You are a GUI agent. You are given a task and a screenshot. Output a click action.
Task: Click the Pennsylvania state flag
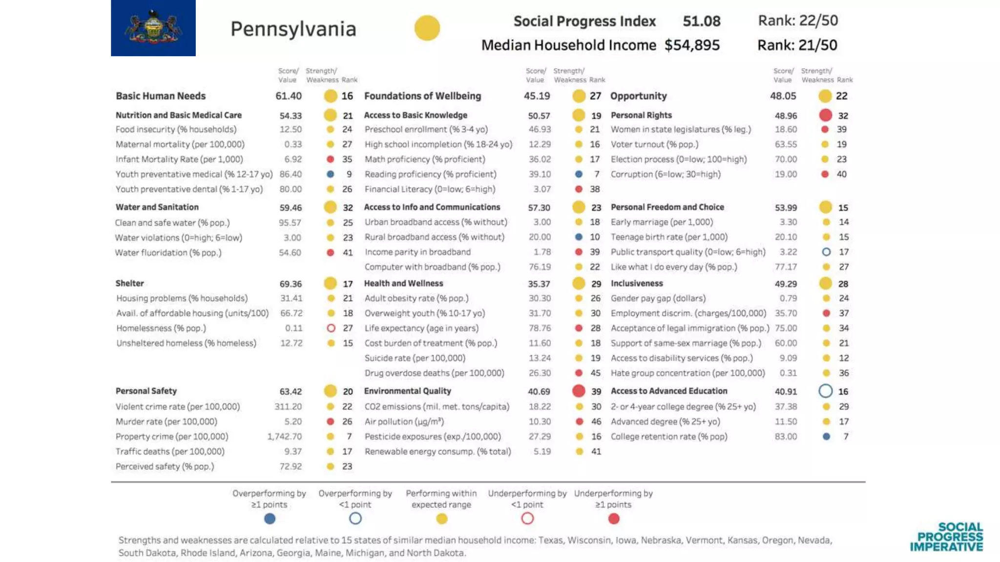(153, 28)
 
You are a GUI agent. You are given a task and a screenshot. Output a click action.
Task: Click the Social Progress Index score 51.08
(701, 21)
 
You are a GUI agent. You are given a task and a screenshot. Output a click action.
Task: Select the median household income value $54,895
(691, 45)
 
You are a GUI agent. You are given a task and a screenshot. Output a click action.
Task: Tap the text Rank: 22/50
(797, 20)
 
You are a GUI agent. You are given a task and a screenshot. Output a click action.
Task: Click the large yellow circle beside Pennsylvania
(427, 28)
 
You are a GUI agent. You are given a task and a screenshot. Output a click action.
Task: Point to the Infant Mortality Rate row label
(179, 160)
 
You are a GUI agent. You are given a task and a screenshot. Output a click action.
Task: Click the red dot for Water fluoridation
(331, 253)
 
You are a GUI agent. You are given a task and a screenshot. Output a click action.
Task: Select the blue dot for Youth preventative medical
(331, 174)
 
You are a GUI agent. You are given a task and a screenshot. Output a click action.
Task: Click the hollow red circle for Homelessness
(331, 328)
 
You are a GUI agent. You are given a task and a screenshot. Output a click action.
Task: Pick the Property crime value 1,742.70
(284, 437)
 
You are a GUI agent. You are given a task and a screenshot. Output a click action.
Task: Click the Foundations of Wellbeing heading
(422, 96)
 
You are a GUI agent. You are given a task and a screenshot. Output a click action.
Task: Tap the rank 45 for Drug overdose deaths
(596, 373)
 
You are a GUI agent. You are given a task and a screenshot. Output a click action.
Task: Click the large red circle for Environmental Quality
(579, 391)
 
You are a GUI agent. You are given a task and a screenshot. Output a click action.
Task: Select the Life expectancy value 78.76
(540, 328)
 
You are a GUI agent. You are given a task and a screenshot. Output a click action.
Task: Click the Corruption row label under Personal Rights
(665, 174)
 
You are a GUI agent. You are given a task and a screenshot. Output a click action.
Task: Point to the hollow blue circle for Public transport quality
(826, 252)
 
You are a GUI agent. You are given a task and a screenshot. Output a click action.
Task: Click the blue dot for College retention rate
(826, 437)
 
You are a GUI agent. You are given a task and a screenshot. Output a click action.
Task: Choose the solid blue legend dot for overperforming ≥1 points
(270, 519)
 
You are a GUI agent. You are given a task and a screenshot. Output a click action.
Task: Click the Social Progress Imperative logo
(946, 537)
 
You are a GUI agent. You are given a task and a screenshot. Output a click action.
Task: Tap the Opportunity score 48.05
(783, 96)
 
